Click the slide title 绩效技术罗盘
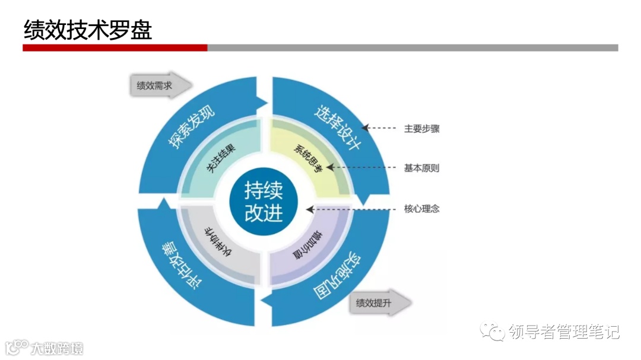tap(88, 29)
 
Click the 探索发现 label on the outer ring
tap(192, 127)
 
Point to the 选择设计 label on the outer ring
tap(337, 127)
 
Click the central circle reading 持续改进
tap(264, 202)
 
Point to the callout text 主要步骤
tap(421, 128)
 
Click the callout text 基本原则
tap(421, 168)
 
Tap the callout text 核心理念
tap(421, 209)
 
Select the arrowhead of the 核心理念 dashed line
tap(310, 209)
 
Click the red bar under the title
tap(115, 47)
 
